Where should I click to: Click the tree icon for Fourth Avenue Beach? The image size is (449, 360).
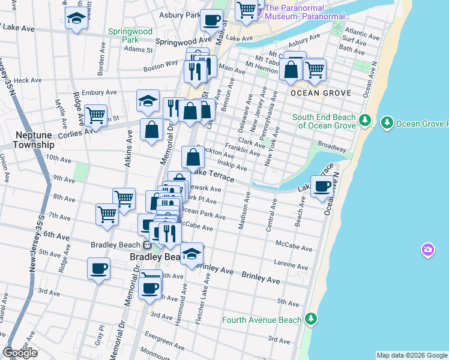tap(311, 318)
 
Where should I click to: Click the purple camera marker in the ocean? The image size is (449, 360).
tap(427, 249)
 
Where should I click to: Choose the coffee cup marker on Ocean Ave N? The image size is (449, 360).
tap(322, 187)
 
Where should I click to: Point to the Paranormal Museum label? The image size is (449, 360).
tap(303, 12)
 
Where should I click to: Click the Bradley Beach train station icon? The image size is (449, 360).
tap(147, 245)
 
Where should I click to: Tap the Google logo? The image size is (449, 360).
tap(20, 353)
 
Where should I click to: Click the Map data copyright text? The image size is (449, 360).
tap(411, 355)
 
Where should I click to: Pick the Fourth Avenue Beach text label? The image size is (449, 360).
tap(262, 320)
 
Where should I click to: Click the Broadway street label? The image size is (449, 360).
tap(332, 147)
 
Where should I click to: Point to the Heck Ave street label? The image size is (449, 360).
tap(28, 80)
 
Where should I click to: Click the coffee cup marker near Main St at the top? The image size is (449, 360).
tap(211, 20)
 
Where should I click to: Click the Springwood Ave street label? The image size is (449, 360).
tap(184, 41)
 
